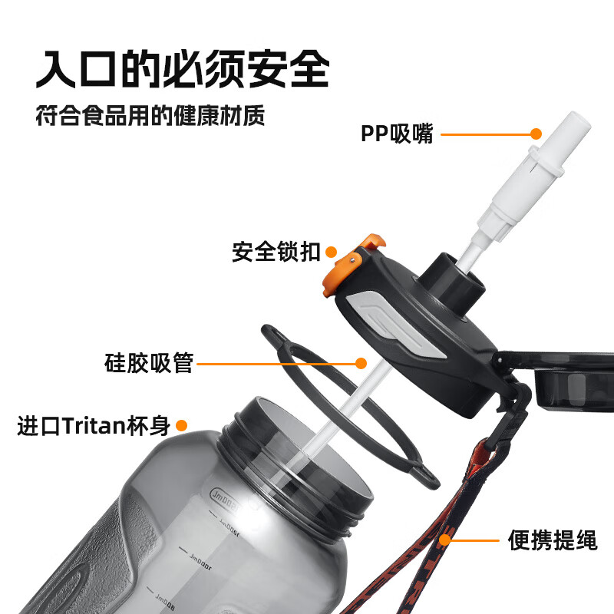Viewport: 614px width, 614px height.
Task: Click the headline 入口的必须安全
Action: (183, 70)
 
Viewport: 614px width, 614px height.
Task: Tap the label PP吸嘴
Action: (397, 134)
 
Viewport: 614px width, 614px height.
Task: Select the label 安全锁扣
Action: (276, 252)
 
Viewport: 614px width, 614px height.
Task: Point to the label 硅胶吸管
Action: (148, 362)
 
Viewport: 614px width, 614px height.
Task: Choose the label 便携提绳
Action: (552, 540)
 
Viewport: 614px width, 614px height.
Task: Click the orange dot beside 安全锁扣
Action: (332, 251)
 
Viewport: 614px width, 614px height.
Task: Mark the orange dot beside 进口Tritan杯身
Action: (183, 425)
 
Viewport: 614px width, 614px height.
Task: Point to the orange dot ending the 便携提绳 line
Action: (445, 540)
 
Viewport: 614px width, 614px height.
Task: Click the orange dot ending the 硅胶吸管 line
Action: (363, 362)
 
